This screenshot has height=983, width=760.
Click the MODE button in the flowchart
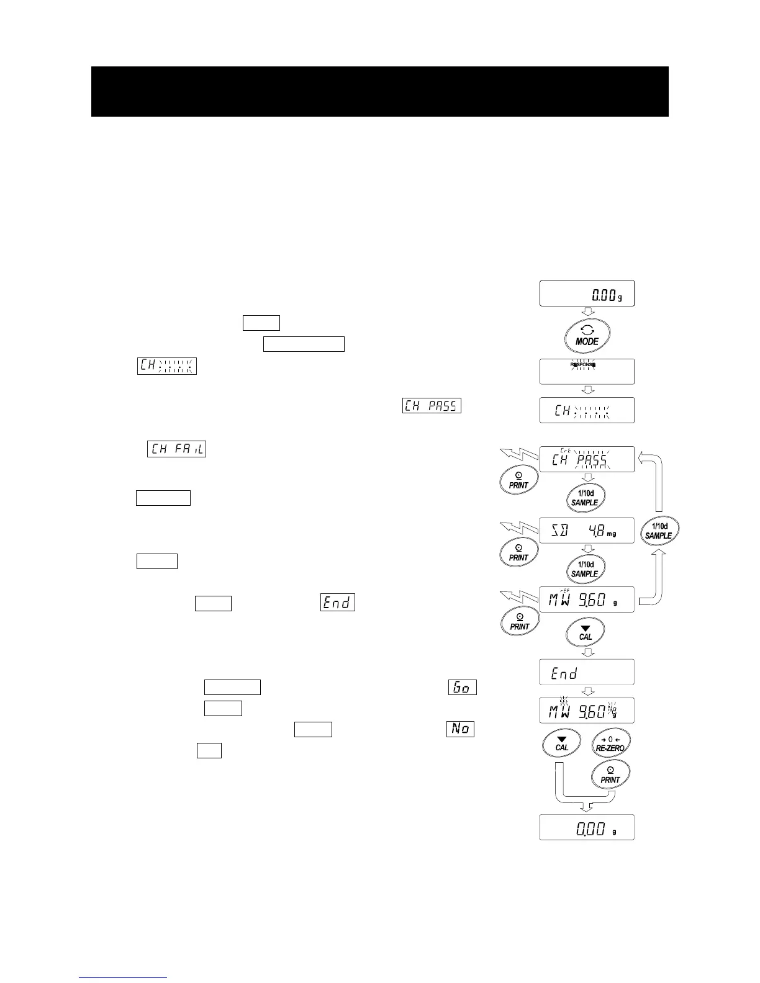click(x=587, y=338)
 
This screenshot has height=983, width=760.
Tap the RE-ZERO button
click(x=610, y=743)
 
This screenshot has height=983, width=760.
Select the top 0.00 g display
click(x=587, y=293)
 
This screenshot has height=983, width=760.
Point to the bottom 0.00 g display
click(x=587, y=827)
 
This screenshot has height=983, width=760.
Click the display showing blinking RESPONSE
click(x=587, y=371)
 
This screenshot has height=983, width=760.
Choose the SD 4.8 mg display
click(x=587, y=530)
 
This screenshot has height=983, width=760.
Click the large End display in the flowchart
click(x=587, y=672)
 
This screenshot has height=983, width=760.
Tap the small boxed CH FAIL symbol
click(x=176, y=448)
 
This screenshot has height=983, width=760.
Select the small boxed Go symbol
click(x=462, y=688)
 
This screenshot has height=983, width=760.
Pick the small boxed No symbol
click(x=460, y=729)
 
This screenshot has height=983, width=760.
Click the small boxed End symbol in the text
click(x=337, y=603)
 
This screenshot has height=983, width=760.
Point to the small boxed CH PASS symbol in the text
click(x=432, y=406)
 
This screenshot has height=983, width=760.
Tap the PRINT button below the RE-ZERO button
click(x=610, y=775)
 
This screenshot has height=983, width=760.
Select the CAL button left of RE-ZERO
click(x=561, y=743)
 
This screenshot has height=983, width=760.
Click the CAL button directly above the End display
click(x=585, y=632)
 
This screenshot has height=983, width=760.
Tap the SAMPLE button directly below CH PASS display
click(x=584, y=498)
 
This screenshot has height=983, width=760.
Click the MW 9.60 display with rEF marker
click(x=587, y=599)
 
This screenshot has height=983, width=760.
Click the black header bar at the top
click(x=379, y=91)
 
